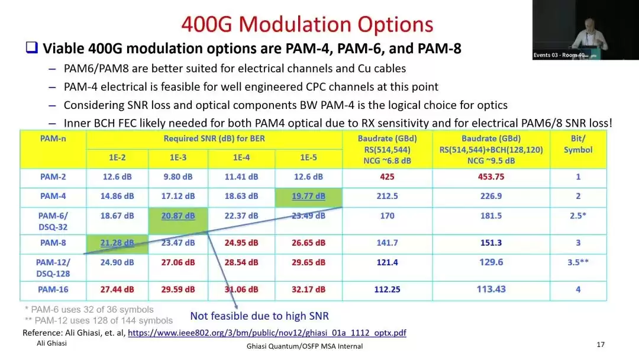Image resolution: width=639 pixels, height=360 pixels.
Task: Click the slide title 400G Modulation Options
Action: point(307,24)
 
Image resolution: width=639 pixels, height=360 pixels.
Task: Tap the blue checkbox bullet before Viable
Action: point(32,47)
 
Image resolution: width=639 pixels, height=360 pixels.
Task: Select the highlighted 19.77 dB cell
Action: point(308,197)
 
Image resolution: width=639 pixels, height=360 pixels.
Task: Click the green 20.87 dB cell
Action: point(178,221)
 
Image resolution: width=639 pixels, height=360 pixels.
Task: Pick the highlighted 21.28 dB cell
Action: point(117,244)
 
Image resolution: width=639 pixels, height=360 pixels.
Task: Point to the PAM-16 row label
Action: point(53,290)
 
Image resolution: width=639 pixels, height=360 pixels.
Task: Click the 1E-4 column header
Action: point(241,157)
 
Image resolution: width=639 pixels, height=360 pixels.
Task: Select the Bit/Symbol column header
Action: point(578,144)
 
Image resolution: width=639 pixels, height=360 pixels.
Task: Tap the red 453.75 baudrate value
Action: point(491,177)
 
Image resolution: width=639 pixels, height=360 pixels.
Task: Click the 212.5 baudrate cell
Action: point(387,196)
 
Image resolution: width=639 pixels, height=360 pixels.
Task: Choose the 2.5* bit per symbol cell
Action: point(578,216)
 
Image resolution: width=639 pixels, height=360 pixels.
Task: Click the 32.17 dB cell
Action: point(308,290)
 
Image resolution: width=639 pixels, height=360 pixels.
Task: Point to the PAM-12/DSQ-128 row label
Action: point(53,268)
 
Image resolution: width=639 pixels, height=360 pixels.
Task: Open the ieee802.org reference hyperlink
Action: point(267,333)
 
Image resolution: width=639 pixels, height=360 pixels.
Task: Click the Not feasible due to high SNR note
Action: point(259,316)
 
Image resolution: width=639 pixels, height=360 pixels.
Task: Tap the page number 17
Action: point(601,345)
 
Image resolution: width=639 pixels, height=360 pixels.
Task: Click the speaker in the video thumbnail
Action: point(590,36)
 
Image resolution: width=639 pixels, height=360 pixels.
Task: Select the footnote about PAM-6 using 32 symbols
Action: point(89,310)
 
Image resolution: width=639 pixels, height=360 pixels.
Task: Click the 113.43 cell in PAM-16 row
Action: point(491,289)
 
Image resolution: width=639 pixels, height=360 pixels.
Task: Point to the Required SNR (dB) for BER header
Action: point(214,139)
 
